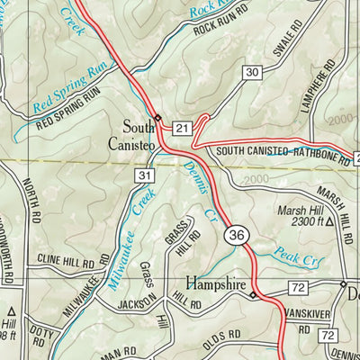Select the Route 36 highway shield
tap(237, 235)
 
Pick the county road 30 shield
tap(251, 72)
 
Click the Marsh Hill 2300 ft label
tap(301, 219)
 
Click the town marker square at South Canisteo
tap(157, 118)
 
